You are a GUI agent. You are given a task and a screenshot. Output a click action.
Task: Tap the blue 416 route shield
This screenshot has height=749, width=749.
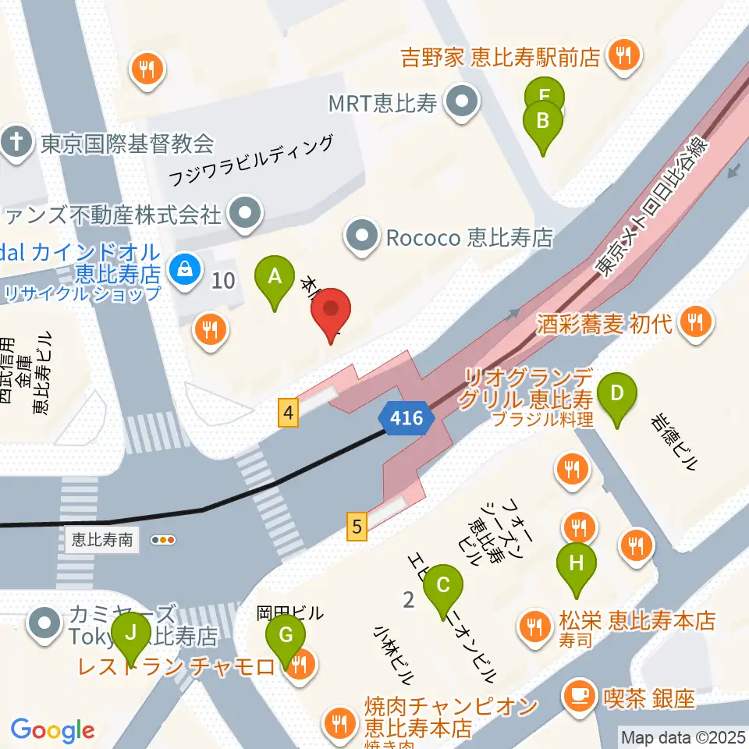(x=406, y=418)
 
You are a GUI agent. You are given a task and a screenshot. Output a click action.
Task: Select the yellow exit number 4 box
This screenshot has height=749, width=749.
(x=289, y=412)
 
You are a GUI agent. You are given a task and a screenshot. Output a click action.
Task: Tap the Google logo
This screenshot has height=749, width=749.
(x=52, y=730)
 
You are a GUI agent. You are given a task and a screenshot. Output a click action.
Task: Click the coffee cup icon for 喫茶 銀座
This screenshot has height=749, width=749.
(x=578, y=697)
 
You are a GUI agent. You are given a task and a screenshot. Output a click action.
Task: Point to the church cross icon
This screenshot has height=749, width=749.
(x=15, y=144)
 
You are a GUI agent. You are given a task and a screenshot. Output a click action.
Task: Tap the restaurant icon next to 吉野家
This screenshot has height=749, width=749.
(x=623, y=56)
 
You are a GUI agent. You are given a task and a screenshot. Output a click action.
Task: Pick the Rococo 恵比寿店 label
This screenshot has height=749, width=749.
(x=469, y=236)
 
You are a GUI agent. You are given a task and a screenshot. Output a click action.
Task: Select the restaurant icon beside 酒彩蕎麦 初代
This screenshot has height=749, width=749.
(x=694, y=323)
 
